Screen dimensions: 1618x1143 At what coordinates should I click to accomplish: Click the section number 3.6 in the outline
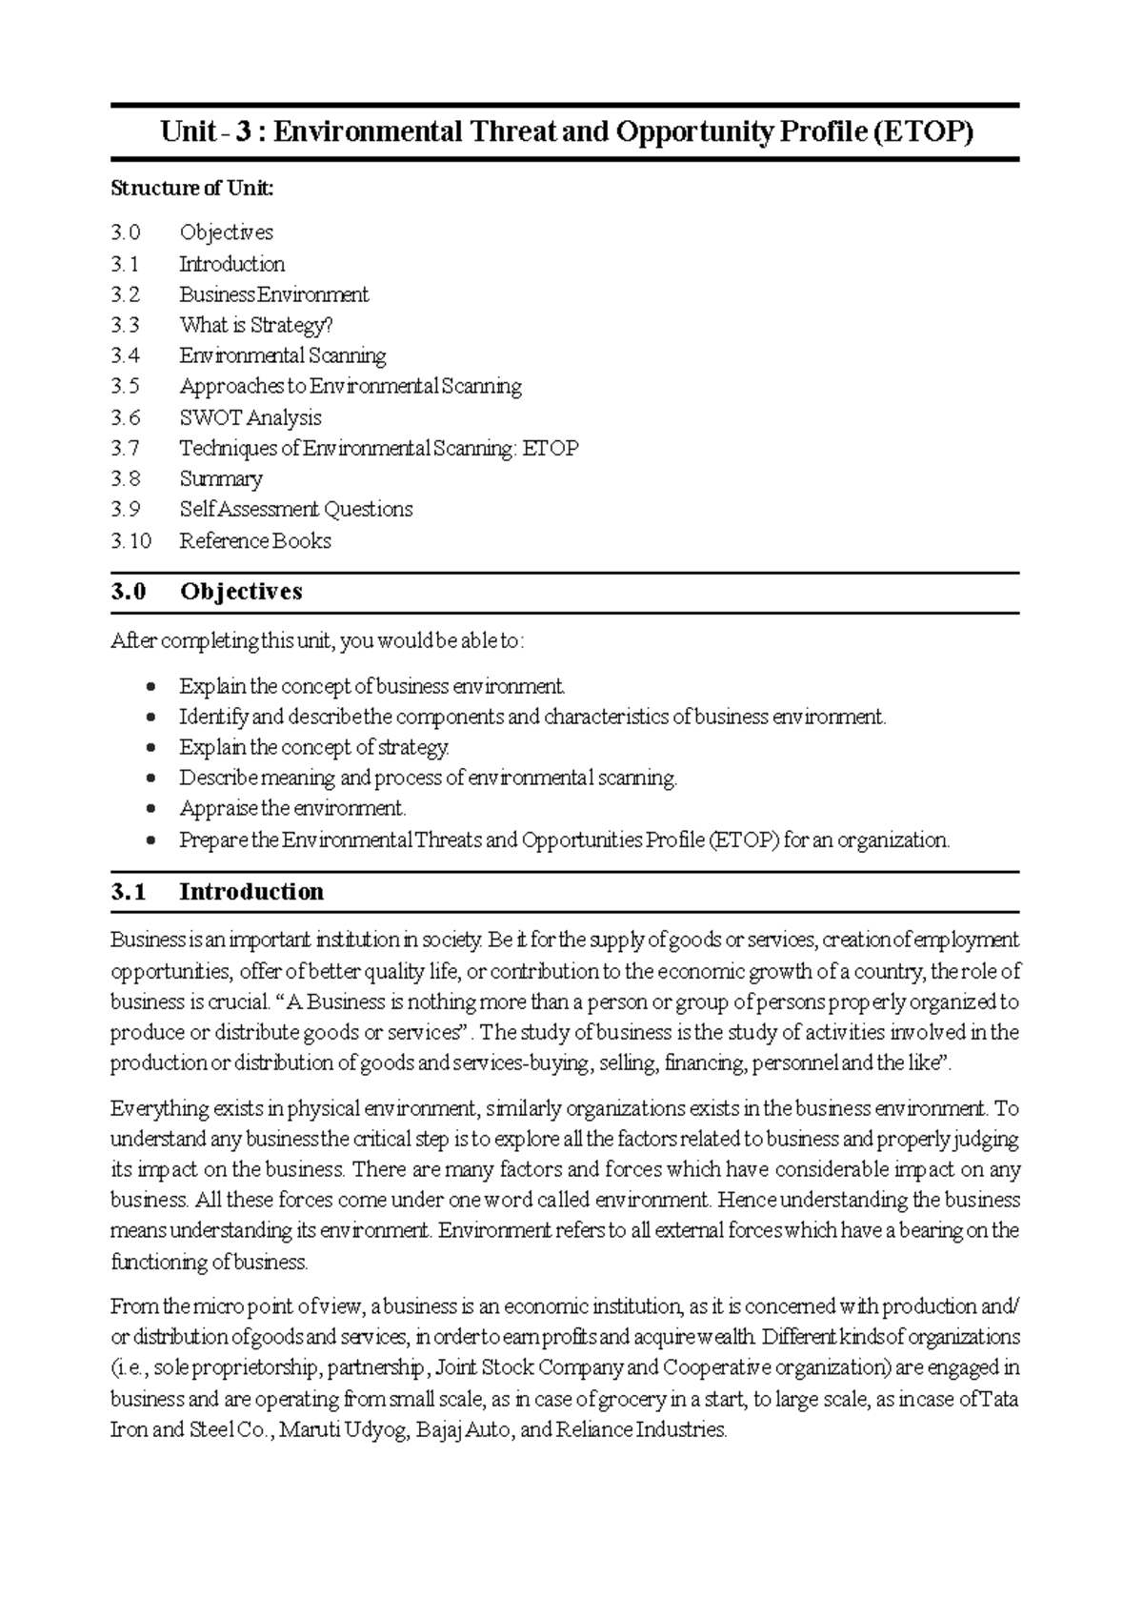[125, 417]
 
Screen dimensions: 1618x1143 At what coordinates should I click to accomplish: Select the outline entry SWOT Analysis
[251, 417]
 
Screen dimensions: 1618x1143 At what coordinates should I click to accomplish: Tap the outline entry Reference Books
[255, 540]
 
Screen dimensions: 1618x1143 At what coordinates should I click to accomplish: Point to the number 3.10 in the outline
[130, 540]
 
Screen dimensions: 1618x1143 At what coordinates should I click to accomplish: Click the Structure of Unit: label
[191, 188]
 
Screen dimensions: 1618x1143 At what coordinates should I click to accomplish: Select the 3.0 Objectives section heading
[207, 591]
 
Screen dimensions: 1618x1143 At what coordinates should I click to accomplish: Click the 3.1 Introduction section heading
[217, 891]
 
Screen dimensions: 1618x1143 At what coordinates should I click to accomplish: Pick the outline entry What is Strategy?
[256, 325]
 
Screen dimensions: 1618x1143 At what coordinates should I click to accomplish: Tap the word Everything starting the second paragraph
[158, 1108]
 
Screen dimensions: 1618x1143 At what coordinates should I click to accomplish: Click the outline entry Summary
[221, 478]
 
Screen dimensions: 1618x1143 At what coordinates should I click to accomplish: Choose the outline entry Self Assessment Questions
[296, 509]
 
